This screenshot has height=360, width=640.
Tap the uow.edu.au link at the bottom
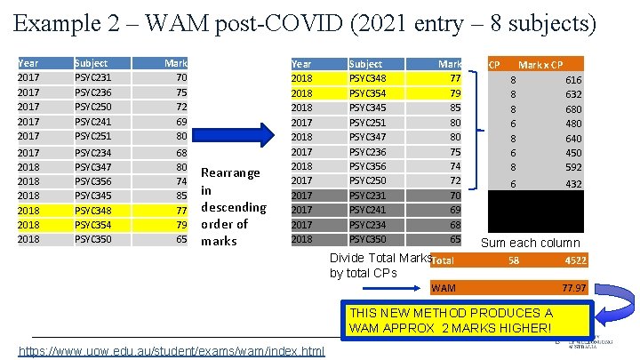coord(172,353)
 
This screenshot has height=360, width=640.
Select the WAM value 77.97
coord(573,288)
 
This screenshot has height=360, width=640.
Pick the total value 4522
coord(574,260)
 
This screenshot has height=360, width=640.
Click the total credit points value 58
coord(513,260)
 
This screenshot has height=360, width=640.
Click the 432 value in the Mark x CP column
coord(573,183)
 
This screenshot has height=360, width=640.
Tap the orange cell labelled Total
coord(443,260)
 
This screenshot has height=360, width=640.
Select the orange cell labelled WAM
coord(443,288)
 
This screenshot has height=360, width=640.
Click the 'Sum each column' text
coord(530,243)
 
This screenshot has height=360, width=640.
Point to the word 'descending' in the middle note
coord(234,207)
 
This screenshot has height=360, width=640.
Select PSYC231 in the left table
coord(92,78)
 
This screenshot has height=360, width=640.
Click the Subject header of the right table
coord(365,64)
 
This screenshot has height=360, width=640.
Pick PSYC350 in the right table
coord(367,239)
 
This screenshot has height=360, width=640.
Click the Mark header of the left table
coord(176,63)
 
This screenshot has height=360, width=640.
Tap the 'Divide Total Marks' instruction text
coord(379,258)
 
